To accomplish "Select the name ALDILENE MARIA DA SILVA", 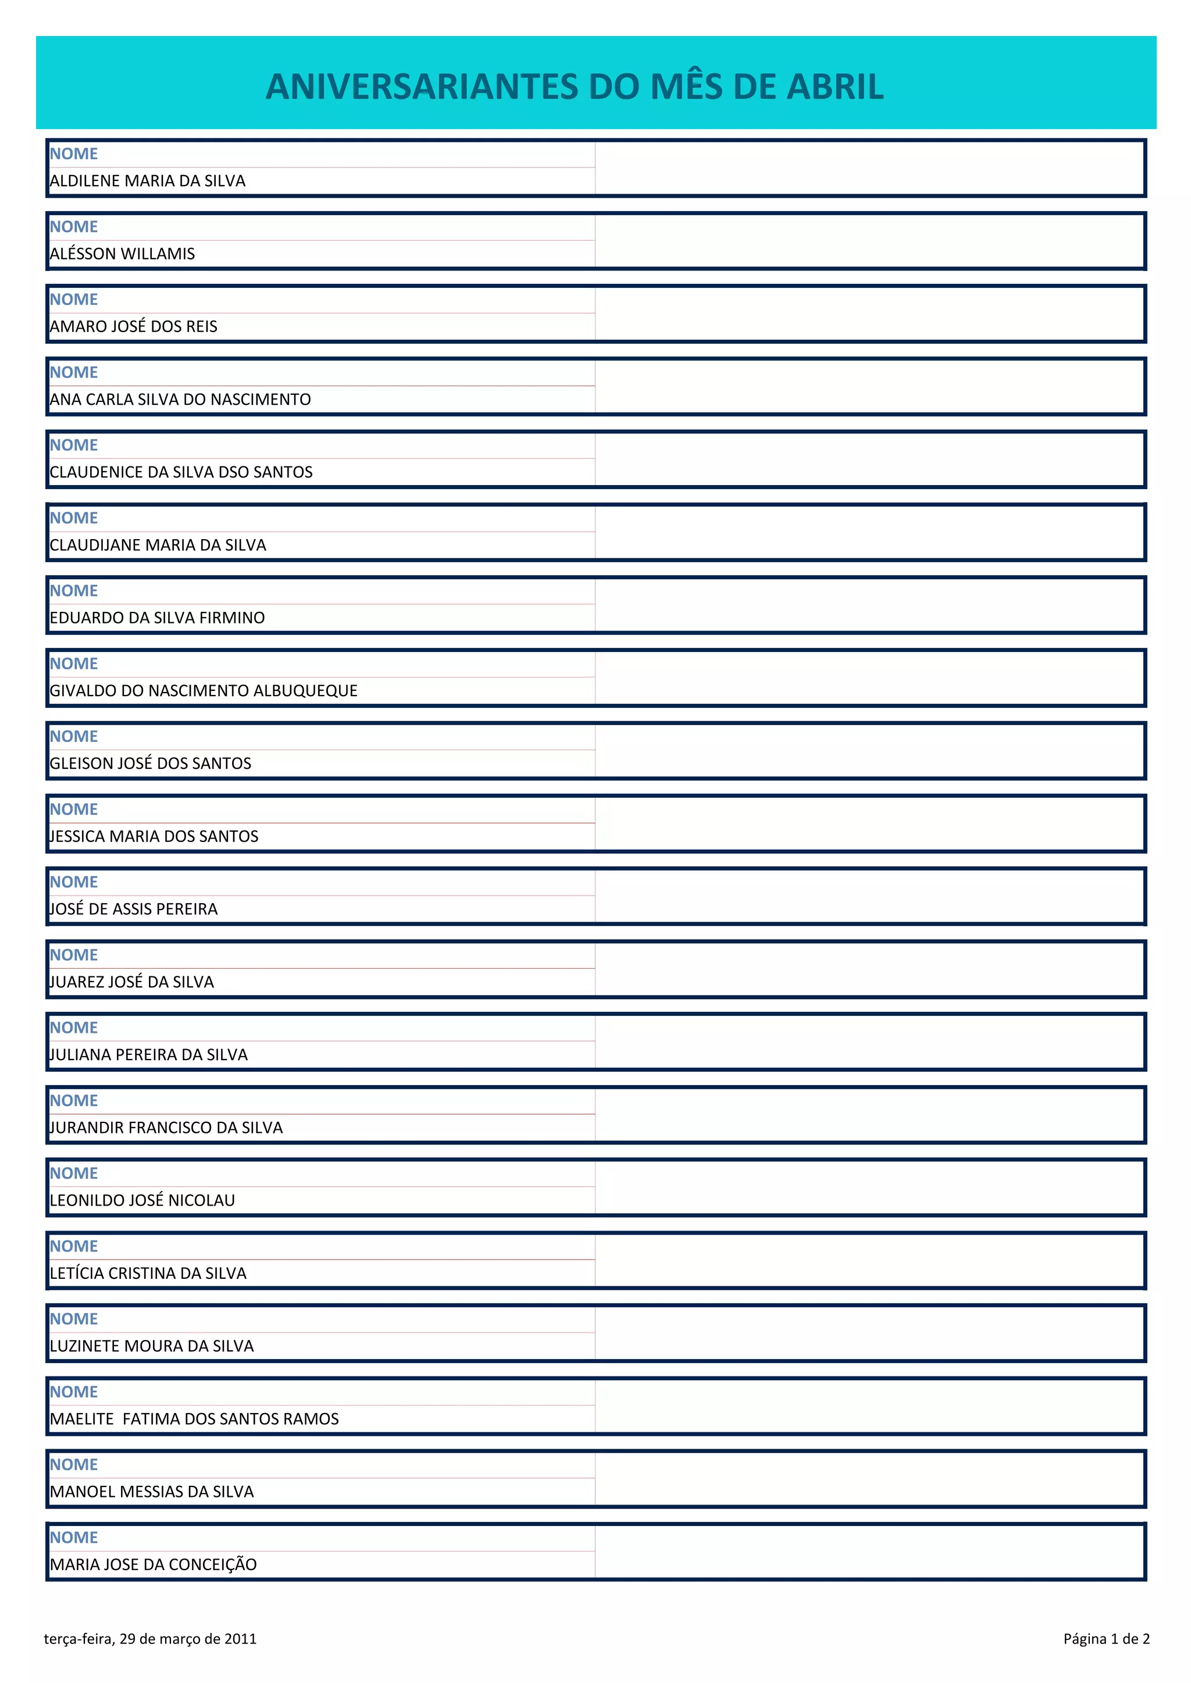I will [x=147, y=180].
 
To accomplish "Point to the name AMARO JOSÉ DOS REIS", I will [x=134, y=326].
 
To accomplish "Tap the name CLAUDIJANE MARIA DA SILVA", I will [x=158, y=545].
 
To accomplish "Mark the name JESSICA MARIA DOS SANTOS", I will [x=154, y=836].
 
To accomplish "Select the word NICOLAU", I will [x=202, y=1200].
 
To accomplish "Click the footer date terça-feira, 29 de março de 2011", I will [x=151, y=1639].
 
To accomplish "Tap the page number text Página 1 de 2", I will [x=1106, y=1639].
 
